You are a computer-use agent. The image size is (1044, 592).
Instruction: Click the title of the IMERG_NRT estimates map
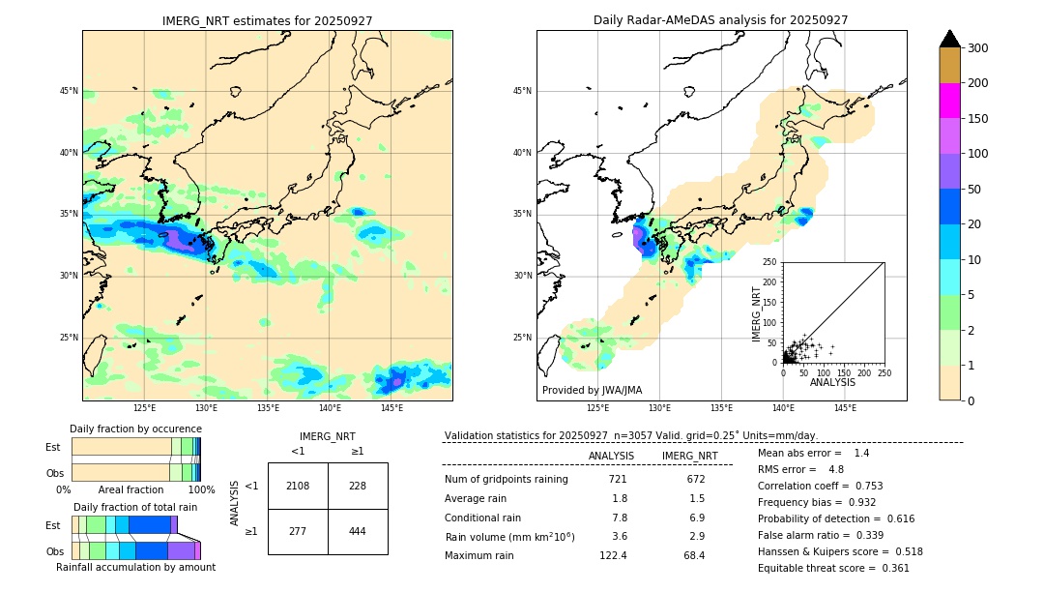tap(267, 20)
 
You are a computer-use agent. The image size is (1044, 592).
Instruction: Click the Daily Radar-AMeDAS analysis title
tap(721, 20)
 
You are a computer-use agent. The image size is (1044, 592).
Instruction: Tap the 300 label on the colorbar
tap(977, 47)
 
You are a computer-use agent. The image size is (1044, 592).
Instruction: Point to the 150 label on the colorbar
tap(977, 119)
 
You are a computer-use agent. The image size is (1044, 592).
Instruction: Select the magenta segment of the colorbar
tap(949, 101)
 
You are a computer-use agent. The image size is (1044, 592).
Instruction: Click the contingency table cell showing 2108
tap(298, 486)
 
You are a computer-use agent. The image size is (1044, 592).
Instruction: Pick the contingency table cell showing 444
tap(358, 531)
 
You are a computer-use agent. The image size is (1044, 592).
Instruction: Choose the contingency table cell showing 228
tap(358, 486)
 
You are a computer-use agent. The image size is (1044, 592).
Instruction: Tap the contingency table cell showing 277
tap(298, 531)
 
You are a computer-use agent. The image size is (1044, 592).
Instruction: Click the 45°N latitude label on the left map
tap(69, 91)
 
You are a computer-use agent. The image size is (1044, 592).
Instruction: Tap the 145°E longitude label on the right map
tap(845, 408)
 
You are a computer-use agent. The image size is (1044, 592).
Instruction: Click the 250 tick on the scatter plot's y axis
tap(770, 262)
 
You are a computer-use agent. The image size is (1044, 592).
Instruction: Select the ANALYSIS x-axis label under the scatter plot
tap(832, 382)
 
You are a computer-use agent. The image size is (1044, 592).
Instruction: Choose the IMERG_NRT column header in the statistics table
tap(689, 456)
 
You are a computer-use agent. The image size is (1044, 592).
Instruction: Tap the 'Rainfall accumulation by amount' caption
tap(135, 567)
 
